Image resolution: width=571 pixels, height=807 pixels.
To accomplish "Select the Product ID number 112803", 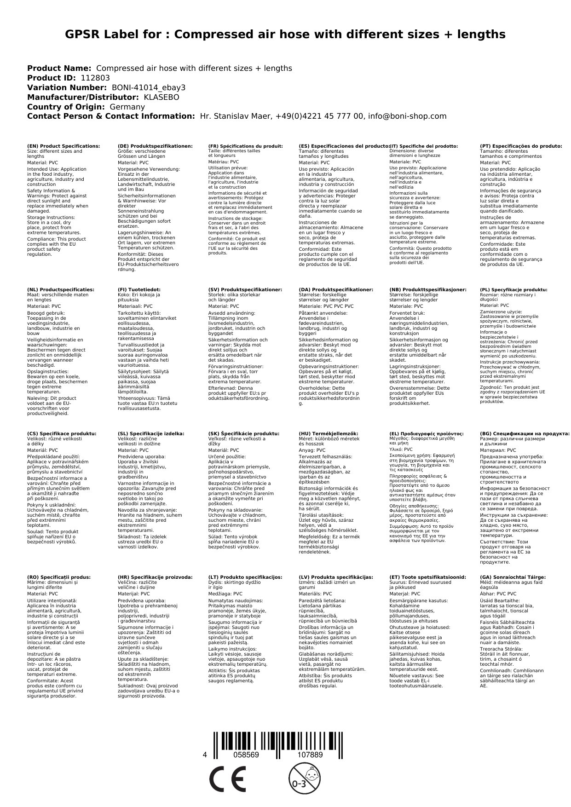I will [x=95, y=78].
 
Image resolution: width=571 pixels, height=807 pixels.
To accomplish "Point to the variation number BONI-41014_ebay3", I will [x=149, y=88].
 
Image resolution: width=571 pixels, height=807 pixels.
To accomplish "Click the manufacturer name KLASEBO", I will [x=161, y=98].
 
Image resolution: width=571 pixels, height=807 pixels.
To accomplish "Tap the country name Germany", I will [x=127, y=107].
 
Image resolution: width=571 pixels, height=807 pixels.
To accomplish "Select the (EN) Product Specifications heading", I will [x=63, y=146].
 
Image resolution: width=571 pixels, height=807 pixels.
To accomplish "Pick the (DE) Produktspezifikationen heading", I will [x=155, y=146].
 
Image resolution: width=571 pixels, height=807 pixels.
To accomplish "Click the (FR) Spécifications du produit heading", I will [x=245, y=146].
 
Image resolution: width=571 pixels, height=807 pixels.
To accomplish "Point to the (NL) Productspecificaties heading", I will [x=60, y=290].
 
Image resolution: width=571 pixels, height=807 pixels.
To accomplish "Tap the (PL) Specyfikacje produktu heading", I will [x=513, y=290].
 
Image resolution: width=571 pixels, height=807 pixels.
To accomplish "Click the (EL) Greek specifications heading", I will [x=426, y=433].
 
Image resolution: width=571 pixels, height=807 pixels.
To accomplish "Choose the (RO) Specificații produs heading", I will [x=59, y=577].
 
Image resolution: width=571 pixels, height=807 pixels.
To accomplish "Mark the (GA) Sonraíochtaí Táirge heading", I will [x=513, y=577].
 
